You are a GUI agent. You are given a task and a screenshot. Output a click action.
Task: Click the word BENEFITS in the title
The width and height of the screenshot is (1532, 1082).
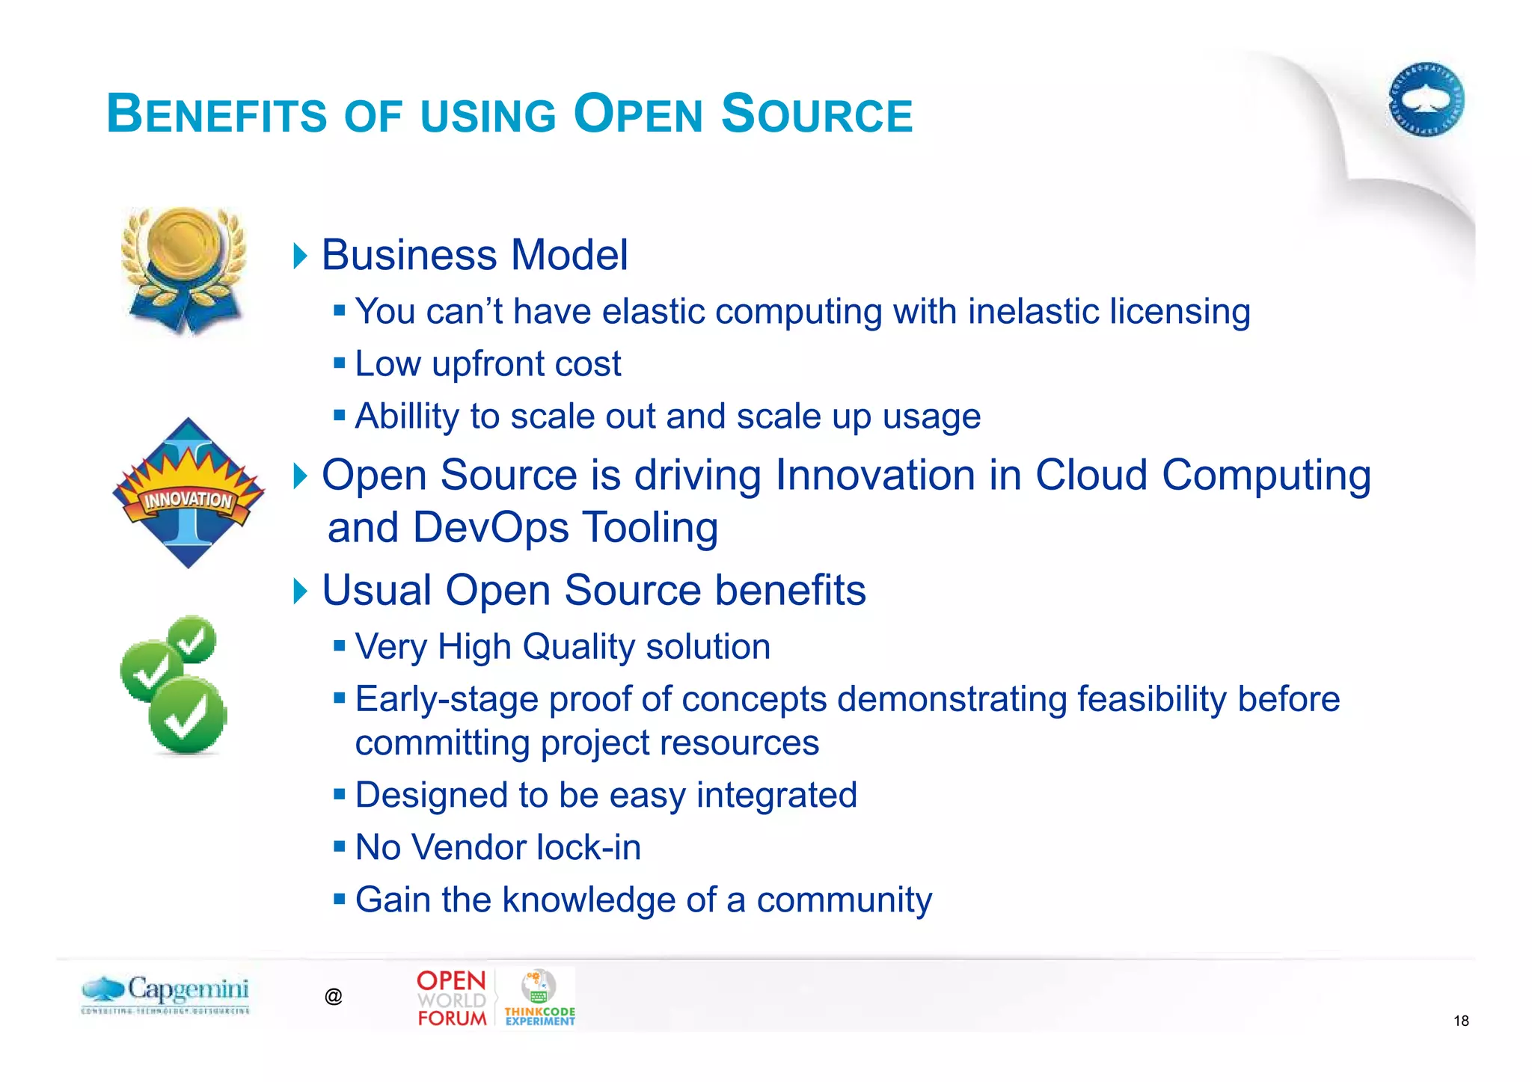pos(217,114)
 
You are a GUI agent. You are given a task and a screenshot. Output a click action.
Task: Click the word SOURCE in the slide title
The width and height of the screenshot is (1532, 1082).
pos(817,114)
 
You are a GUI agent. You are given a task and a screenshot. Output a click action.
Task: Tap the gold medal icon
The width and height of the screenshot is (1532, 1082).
pos(184,269)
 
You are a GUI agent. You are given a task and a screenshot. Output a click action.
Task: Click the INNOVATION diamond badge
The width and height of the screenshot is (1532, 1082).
pos(188,494)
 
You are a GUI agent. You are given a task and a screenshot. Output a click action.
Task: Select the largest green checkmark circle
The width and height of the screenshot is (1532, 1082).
pos(188,716)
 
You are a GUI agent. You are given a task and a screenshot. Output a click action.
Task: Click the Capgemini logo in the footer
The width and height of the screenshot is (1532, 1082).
pos(166,994)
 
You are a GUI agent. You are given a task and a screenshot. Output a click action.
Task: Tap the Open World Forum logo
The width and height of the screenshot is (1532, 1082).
pos(451,998)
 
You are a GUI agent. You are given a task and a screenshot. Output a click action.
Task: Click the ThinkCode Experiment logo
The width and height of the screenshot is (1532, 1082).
pos(539,998)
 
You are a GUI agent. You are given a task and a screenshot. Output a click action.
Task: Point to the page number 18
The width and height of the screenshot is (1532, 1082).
pos(1460,1021)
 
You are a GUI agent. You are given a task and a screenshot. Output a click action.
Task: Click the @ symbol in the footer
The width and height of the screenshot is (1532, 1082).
pos(334,996)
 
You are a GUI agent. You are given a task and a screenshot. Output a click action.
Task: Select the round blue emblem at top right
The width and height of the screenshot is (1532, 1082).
pos(1426,99)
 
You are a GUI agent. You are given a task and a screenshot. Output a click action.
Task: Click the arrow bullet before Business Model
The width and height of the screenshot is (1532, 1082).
pos(300,256)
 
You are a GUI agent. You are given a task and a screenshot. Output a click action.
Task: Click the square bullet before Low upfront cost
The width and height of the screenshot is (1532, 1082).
pos(340,363)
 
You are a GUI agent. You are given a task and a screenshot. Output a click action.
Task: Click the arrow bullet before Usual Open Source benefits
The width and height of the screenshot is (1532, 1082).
pos(300,591)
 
